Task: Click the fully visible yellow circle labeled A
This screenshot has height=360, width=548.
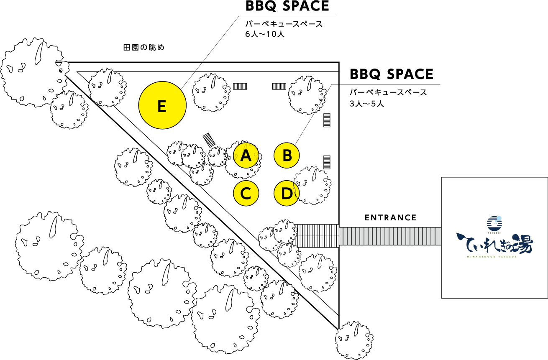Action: (246, 156)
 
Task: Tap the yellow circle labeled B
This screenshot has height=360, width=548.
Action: (287, 156)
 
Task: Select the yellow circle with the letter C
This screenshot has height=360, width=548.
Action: (246, 193)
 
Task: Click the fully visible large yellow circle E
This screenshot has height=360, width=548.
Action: (162, 105)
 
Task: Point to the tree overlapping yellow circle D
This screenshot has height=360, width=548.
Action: (314, 185)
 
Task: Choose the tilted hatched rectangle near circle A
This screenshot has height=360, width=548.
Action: (209, 140)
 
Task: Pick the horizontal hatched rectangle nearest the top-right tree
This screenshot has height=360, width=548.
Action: (279, 86)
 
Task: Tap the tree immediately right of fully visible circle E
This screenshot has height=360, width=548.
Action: (211, 92)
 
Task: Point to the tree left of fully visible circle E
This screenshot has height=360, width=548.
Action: (107, 88)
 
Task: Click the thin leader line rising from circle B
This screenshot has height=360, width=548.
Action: (314, 113)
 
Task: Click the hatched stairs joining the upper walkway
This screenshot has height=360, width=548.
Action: (316, 236)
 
